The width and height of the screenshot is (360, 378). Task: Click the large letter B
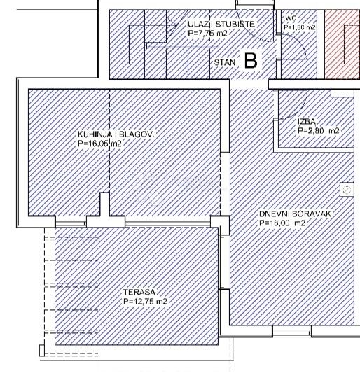251,61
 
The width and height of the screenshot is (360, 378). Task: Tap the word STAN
225,62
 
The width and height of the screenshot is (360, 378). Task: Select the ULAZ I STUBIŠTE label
221,24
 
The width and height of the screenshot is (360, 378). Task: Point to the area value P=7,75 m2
207,34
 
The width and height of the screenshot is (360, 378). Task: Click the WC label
291,18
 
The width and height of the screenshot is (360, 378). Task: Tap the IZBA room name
307,122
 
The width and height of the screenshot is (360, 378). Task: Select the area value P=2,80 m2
319,131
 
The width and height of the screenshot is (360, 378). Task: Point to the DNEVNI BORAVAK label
295,213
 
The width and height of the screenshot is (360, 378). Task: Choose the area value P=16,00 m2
282,223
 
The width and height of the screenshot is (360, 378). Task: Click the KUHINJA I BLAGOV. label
116,134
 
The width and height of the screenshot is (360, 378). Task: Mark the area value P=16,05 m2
99,143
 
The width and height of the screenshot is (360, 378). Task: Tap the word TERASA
139,292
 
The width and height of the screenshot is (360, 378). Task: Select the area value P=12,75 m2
145,301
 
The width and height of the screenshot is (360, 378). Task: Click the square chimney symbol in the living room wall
347,190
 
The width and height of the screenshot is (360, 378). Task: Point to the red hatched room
342,44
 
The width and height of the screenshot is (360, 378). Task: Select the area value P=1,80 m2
300,27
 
